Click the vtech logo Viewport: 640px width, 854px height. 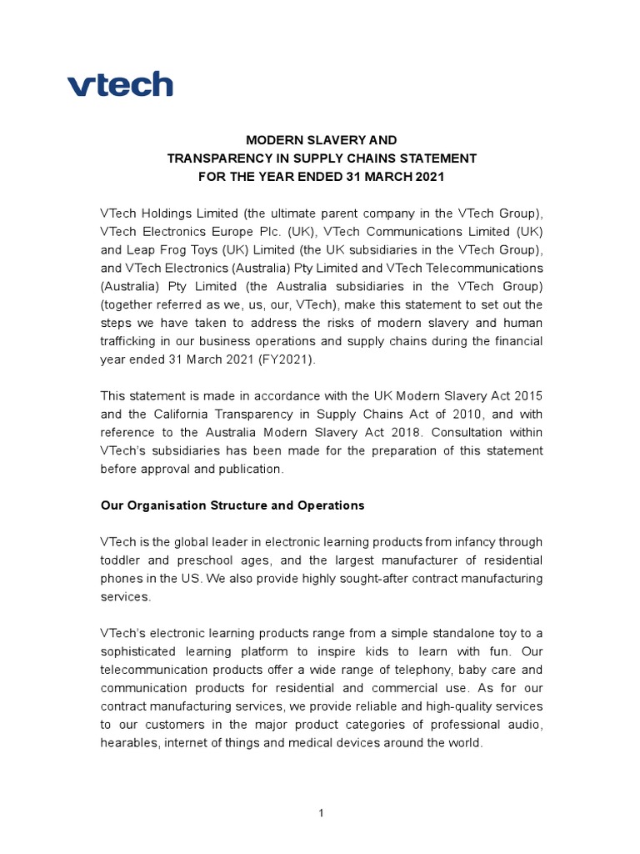[x=120, y=84]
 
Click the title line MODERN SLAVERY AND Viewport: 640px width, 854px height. [x=321, y=140]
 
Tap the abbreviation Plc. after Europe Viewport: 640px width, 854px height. [x=297, y=232]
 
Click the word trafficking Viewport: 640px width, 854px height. [x=132, y=341]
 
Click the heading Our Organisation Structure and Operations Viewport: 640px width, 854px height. [x=232, y=505]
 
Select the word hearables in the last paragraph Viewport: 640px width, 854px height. [x=129, y=742]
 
